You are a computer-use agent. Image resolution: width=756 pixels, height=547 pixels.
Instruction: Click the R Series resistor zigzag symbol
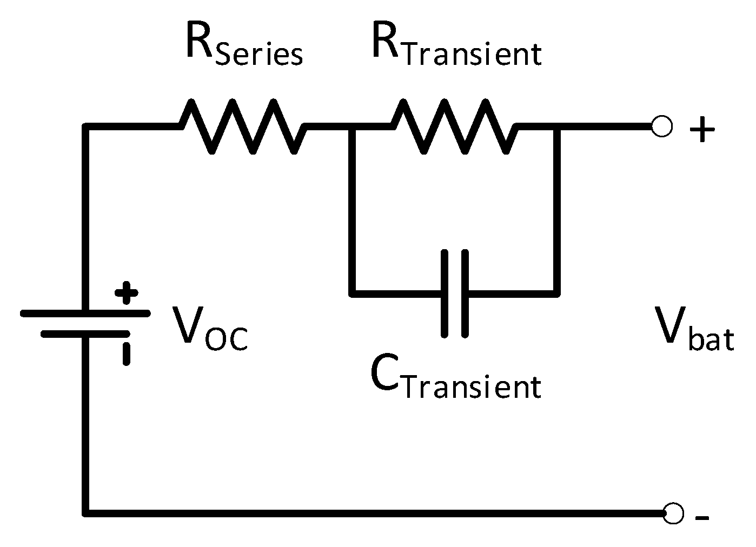pyautogui.click(x=242, y=126)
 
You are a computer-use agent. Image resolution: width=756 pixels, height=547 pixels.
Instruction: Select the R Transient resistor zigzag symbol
pyautogui.click(x=453, y=126)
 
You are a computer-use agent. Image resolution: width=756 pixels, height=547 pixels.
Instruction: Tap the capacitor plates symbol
pyautogui.click(x=455, y=293)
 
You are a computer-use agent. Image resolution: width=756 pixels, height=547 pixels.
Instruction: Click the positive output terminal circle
pyautogui.click(x=662, y=126)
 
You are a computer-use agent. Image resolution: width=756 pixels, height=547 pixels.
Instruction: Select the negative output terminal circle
pyautogui.click(x=673, y=513)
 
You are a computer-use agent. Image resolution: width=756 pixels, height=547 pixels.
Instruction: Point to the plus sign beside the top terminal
pyautogui.click(x=702, y=130)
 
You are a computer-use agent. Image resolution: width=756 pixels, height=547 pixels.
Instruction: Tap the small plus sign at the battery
pyautogui.click(x=127, y=293)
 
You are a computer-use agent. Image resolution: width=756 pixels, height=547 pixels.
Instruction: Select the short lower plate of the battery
pyautogui.click(x=85, y=334)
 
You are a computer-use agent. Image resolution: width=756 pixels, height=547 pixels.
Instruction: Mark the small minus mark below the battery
pyautogui.click(x=126, y=354)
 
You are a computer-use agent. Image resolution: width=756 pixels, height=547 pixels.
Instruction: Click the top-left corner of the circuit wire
pyautogui.click(x=85, y=127)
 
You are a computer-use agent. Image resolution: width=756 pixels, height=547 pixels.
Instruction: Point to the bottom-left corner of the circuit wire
pyautogui.click(x=85, y=512)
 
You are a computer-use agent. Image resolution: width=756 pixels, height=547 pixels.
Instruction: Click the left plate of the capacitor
pyautogui.click(x=445, y=293)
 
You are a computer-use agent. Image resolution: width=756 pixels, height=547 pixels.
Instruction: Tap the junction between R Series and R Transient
pyautogui.click(x=352, y=127)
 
